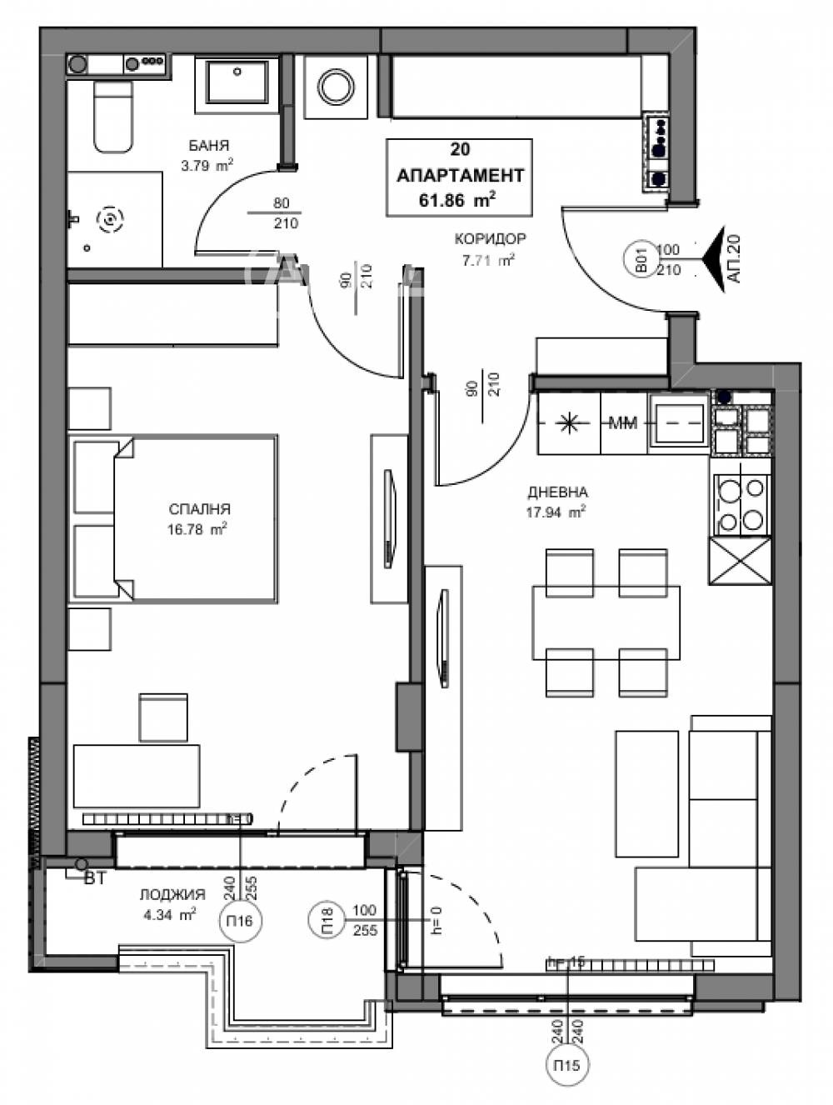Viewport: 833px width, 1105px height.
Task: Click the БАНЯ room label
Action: pyautogui.click(x=208, y=146)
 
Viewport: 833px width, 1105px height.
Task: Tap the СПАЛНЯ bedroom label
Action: pyautogui.click(x=199, y=509)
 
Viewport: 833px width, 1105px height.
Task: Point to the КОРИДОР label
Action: pyautogui.click(x=490, y=239)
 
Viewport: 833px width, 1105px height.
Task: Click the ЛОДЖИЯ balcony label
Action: pyautogui.click(x=172, y=895)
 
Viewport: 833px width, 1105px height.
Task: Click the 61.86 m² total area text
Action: pyautogui.click(x=458, y=199)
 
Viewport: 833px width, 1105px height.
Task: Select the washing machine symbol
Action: pyautogui.click(x=336, y=87)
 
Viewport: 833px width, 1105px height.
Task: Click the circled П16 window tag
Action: pyautogui.click(x=241, y=921)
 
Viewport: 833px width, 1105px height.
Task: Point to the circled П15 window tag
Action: pyautogui.click(x=566, y=1064)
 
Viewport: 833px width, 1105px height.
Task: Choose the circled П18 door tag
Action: pyautogui.click(x=327, y=920)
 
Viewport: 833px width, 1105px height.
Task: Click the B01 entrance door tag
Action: pyautogui.click(x=642, y=259)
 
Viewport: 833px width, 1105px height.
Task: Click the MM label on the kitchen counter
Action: pyautogui.click(x=623, y=423)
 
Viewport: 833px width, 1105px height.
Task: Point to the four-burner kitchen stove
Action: pyautogui.click(x=741, y=505)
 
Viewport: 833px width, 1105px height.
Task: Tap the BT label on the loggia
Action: pyautogui.click(x=95, y=877)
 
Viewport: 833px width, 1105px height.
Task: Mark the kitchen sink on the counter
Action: pyautogui.click(x=678, y=423)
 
